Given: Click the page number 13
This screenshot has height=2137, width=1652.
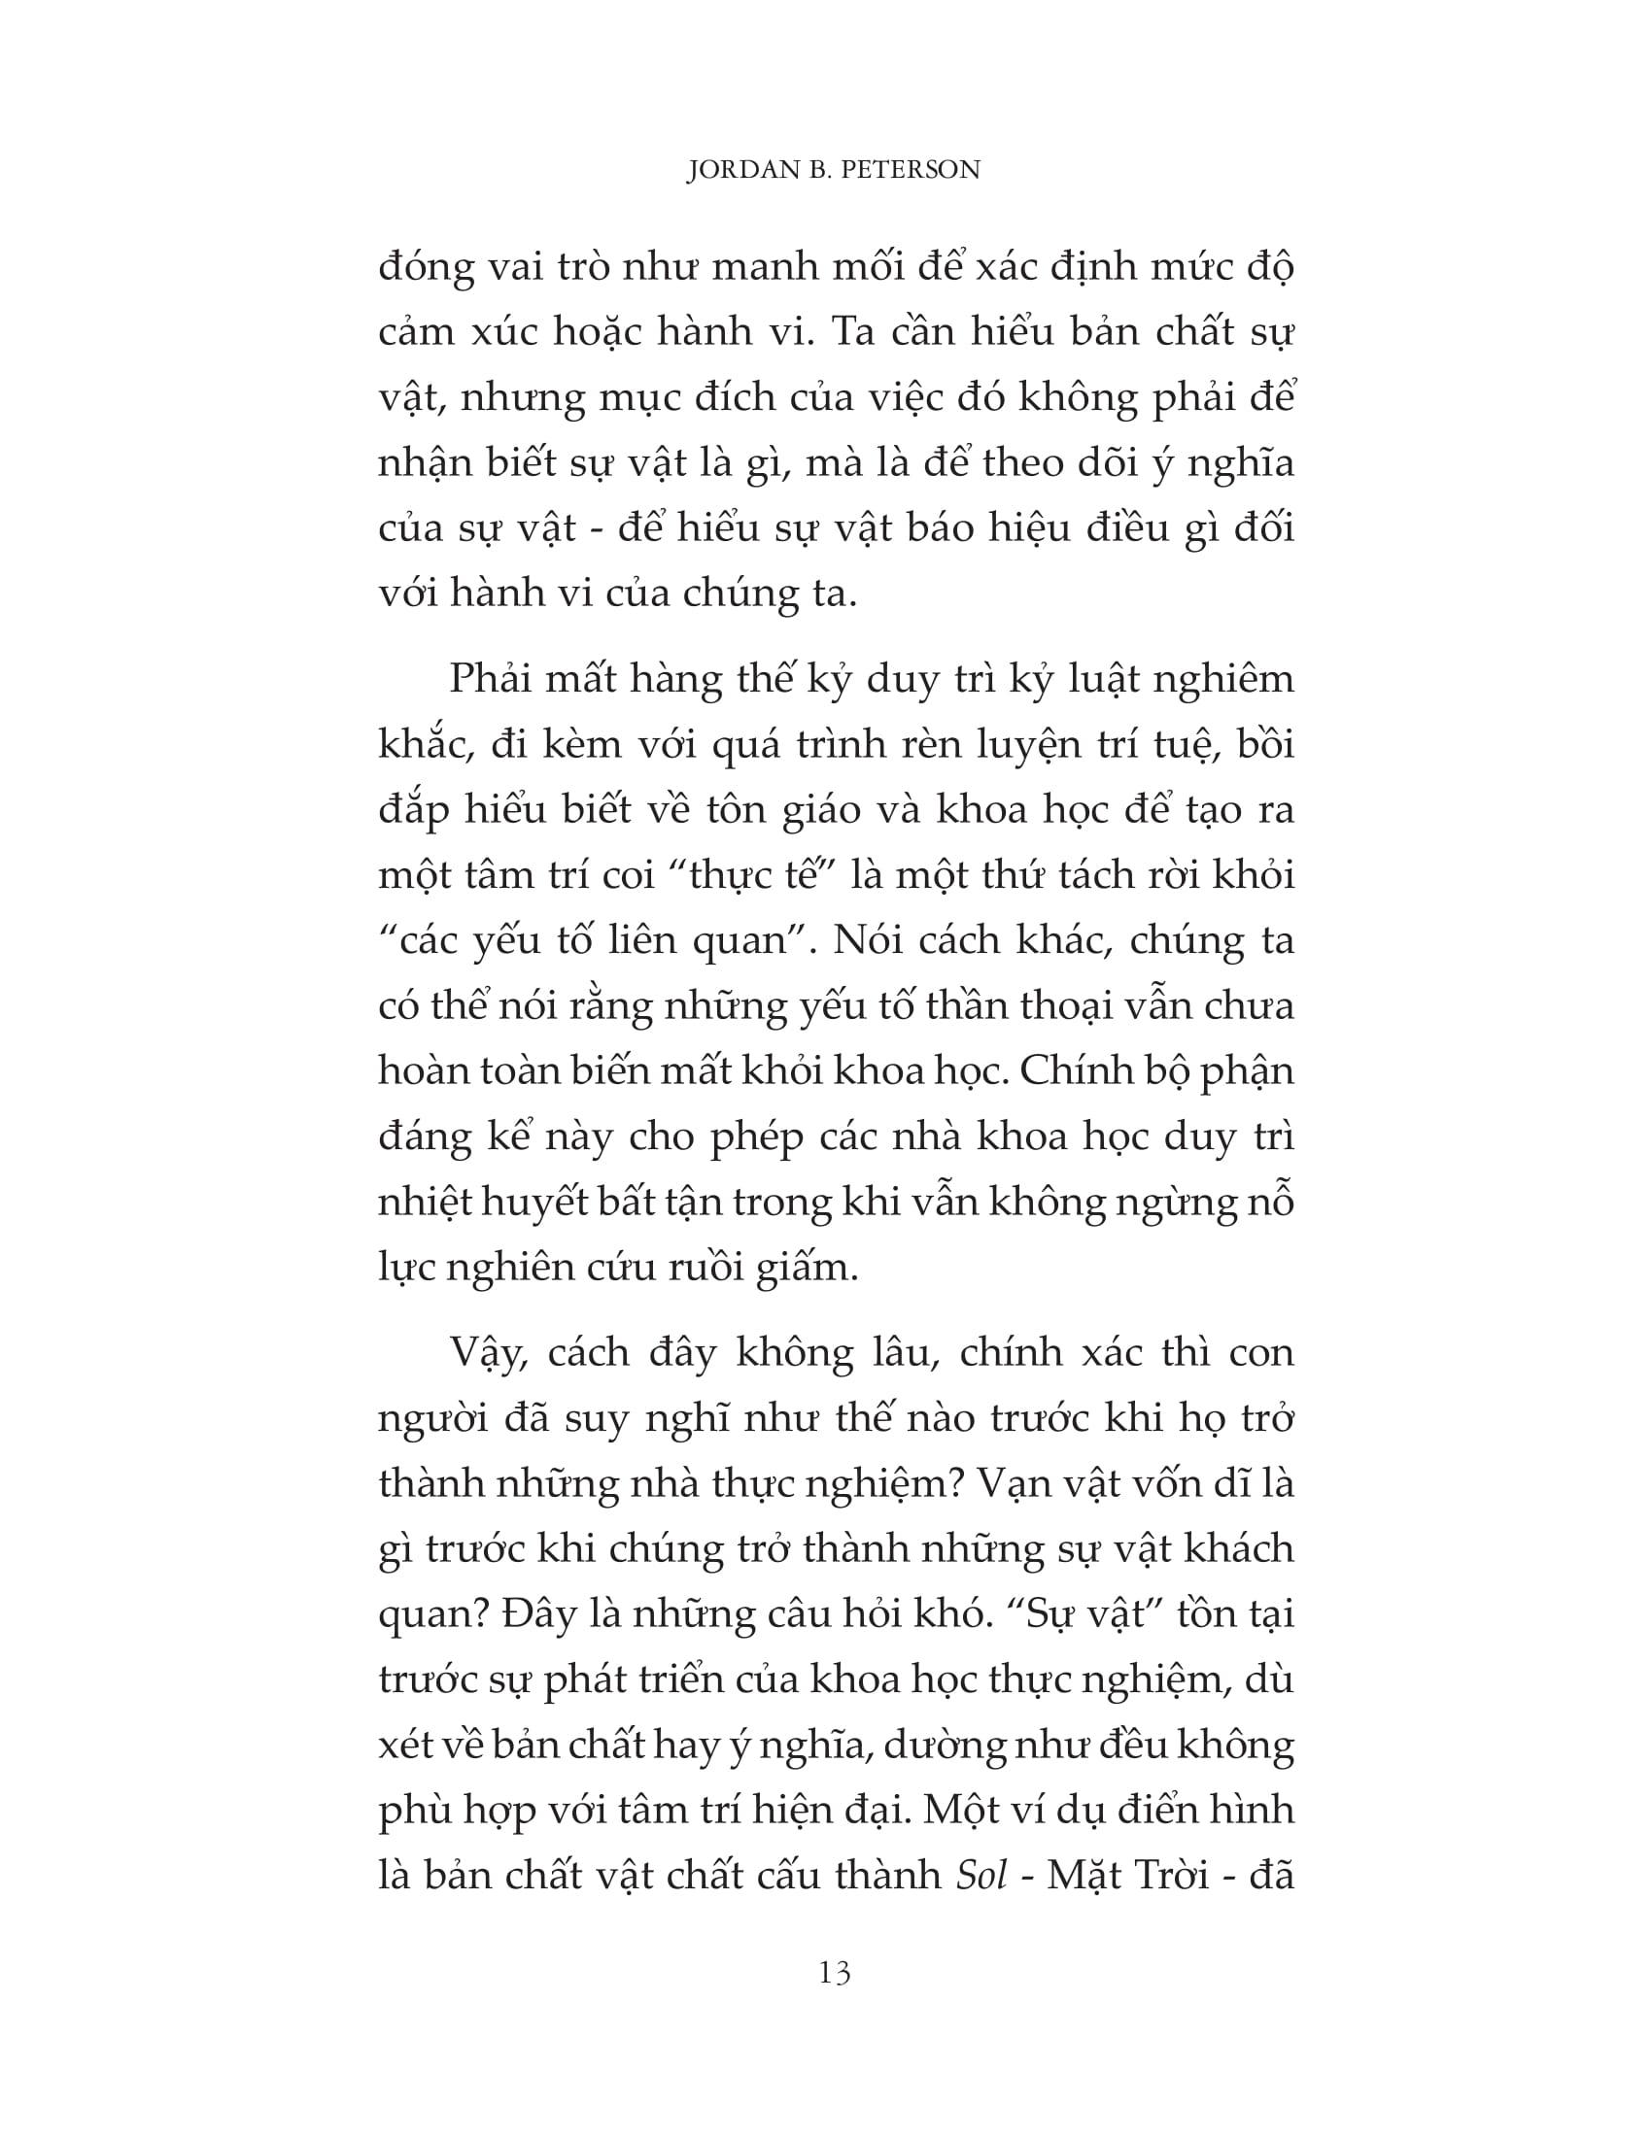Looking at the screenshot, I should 834,1974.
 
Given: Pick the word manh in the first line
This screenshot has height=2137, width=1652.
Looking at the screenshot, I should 762,268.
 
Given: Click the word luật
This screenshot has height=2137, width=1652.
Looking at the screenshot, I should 1108,680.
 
